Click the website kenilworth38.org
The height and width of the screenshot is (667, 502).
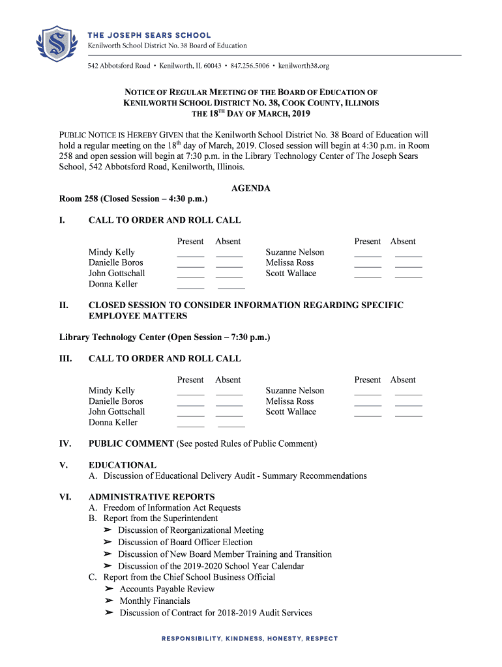[304, 66]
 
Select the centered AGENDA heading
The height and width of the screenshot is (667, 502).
[251, 188]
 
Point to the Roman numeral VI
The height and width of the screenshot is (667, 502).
[65, 497]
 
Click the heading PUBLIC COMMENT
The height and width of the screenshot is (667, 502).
[131, 444]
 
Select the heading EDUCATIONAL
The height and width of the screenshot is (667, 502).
[123, 465]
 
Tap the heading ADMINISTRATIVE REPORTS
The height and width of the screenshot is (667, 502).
[152, 497]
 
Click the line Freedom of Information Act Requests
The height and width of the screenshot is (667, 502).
[172, 507]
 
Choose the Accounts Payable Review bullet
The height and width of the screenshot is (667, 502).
[167, 589]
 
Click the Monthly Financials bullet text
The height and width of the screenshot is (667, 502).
[155, 601]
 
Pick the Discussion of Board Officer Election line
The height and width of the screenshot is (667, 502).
[185, 542]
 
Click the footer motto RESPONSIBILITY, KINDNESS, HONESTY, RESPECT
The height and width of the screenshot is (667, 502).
[250, 638]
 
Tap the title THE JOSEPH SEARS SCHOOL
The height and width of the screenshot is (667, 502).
[149, 35]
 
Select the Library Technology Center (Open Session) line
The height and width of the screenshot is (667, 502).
[164, 337]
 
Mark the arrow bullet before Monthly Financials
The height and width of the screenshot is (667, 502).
[108, 601]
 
